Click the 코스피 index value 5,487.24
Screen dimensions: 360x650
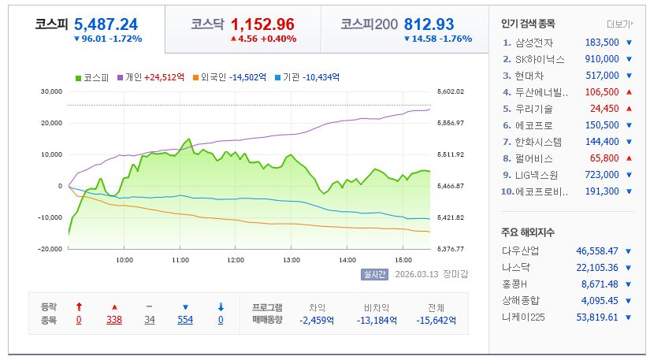(106, 24)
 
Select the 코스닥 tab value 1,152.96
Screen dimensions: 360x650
(262, 24)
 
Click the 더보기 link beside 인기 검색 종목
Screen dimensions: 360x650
(619, 24)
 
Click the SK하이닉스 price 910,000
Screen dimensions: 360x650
(602, 59)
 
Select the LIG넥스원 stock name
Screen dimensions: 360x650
(537, 174)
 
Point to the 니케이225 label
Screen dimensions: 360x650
(523, 317)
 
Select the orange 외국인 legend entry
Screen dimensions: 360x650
(228, 77)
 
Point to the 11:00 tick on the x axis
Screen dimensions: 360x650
(180, 259)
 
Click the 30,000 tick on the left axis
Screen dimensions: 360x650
(50, 91)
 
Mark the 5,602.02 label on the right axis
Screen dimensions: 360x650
(450, 91)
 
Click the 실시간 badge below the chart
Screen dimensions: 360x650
(374, 274)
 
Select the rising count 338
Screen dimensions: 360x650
(113, 320)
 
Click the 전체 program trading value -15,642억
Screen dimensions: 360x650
(436, 320)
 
